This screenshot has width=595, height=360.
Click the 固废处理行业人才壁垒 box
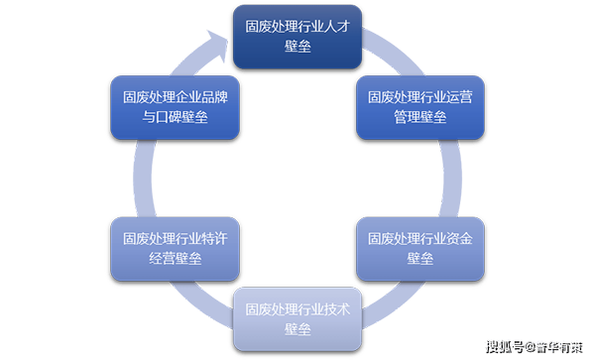pos(298,36)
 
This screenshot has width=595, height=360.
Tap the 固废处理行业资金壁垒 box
pos(420,249)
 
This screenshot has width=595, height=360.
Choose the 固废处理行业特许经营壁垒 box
pos(176,249)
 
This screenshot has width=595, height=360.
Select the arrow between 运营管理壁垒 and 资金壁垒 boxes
pos(436,179)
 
